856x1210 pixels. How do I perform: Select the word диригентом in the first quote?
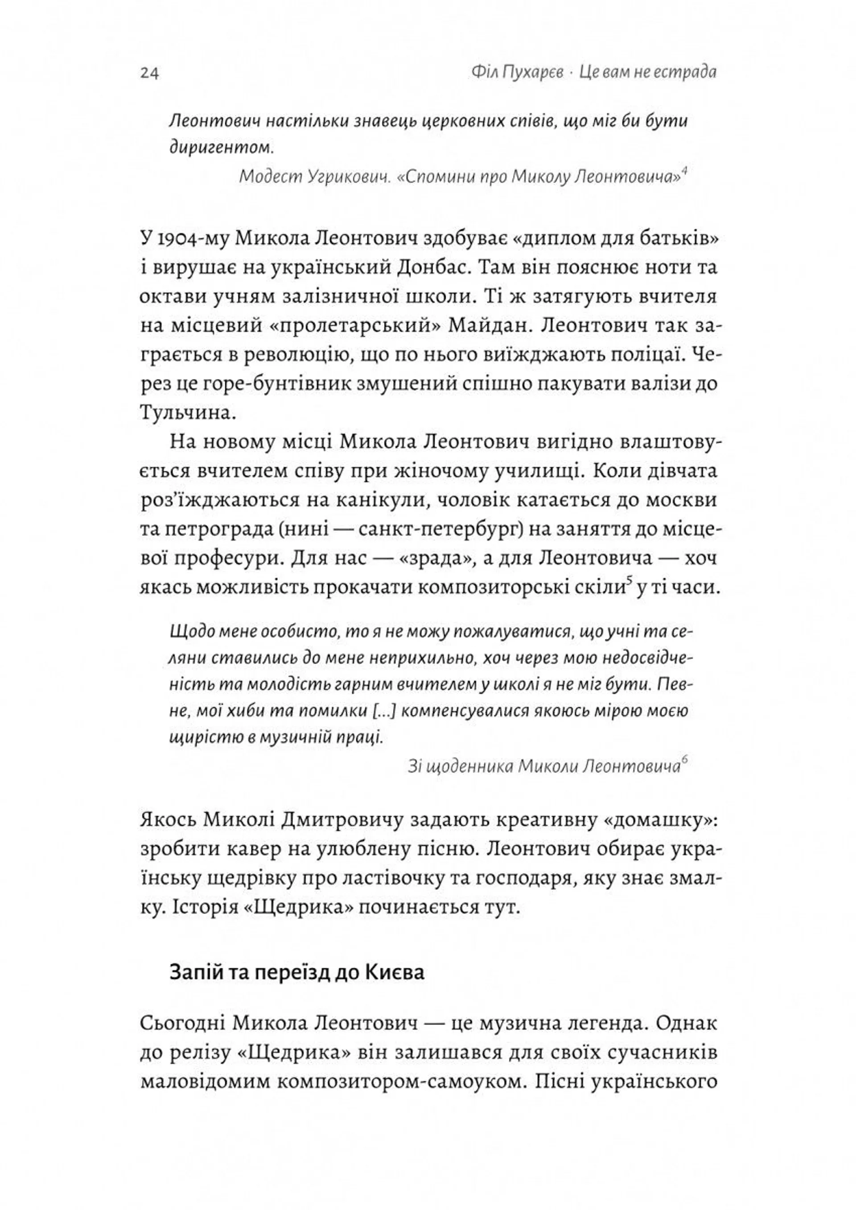pyautogui.click(x=221, y=148)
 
